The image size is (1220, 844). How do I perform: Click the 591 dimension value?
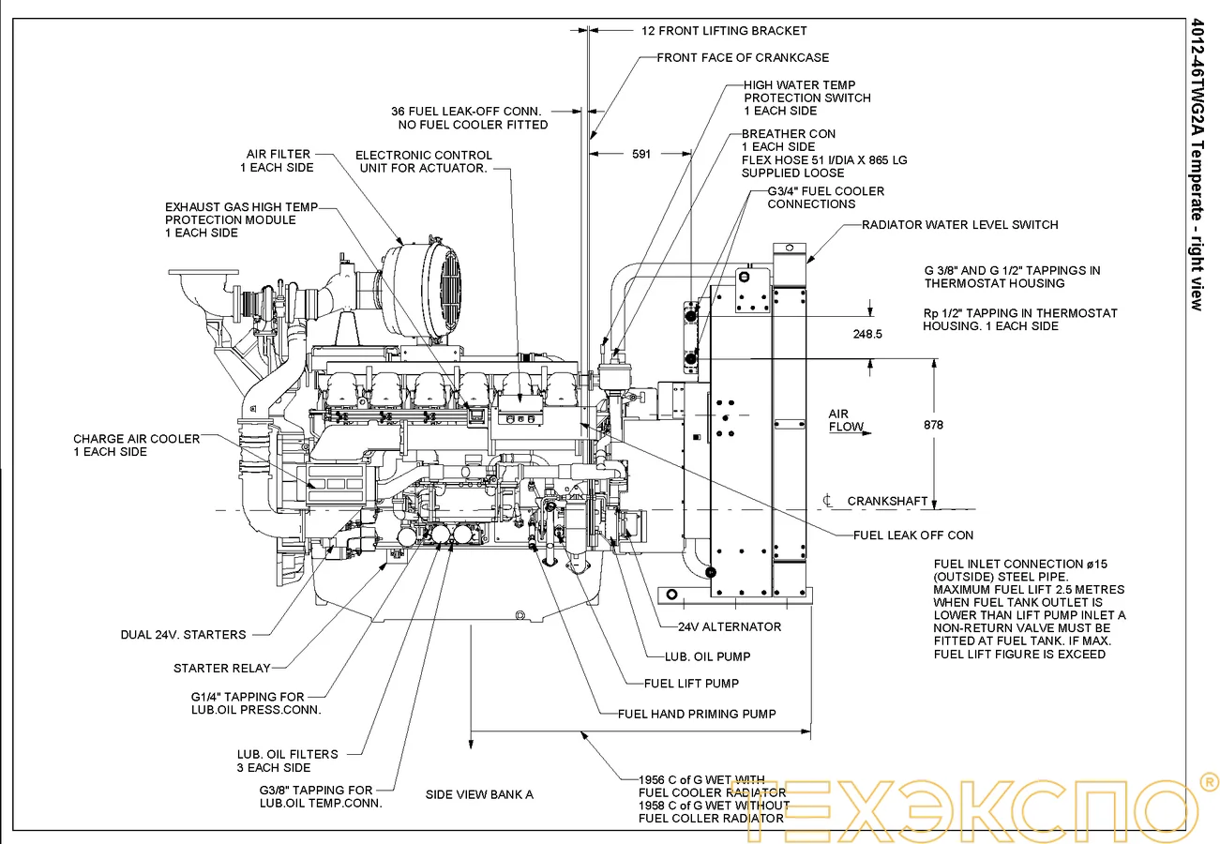coord(641,154)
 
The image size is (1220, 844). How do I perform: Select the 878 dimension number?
coord(933,425)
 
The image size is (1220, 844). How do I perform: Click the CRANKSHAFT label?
coord(887,501)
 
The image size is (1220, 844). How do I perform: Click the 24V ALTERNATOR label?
coord(730,626)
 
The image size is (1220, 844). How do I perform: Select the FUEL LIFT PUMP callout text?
coord(691,683)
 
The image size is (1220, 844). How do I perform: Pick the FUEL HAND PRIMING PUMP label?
coord(697,714)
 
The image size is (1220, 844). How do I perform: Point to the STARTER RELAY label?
coord(221,668)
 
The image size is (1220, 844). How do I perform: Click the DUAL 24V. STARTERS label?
coord(183,634)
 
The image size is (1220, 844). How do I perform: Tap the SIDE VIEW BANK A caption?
coord(479,794)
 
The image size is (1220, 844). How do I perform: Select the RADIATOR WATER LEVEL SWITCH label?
coord(960,224)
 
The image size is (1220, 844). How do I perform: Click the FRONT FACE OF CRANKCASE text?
coord(743,57)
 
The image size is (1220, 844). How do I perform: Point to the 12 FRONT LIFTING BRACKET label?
coord(724,30)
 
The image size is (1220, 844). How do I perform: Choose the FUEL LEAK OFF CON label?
coord(912,535)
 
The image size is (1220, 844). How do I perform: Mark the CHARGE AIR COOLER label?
coord(136,445)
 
